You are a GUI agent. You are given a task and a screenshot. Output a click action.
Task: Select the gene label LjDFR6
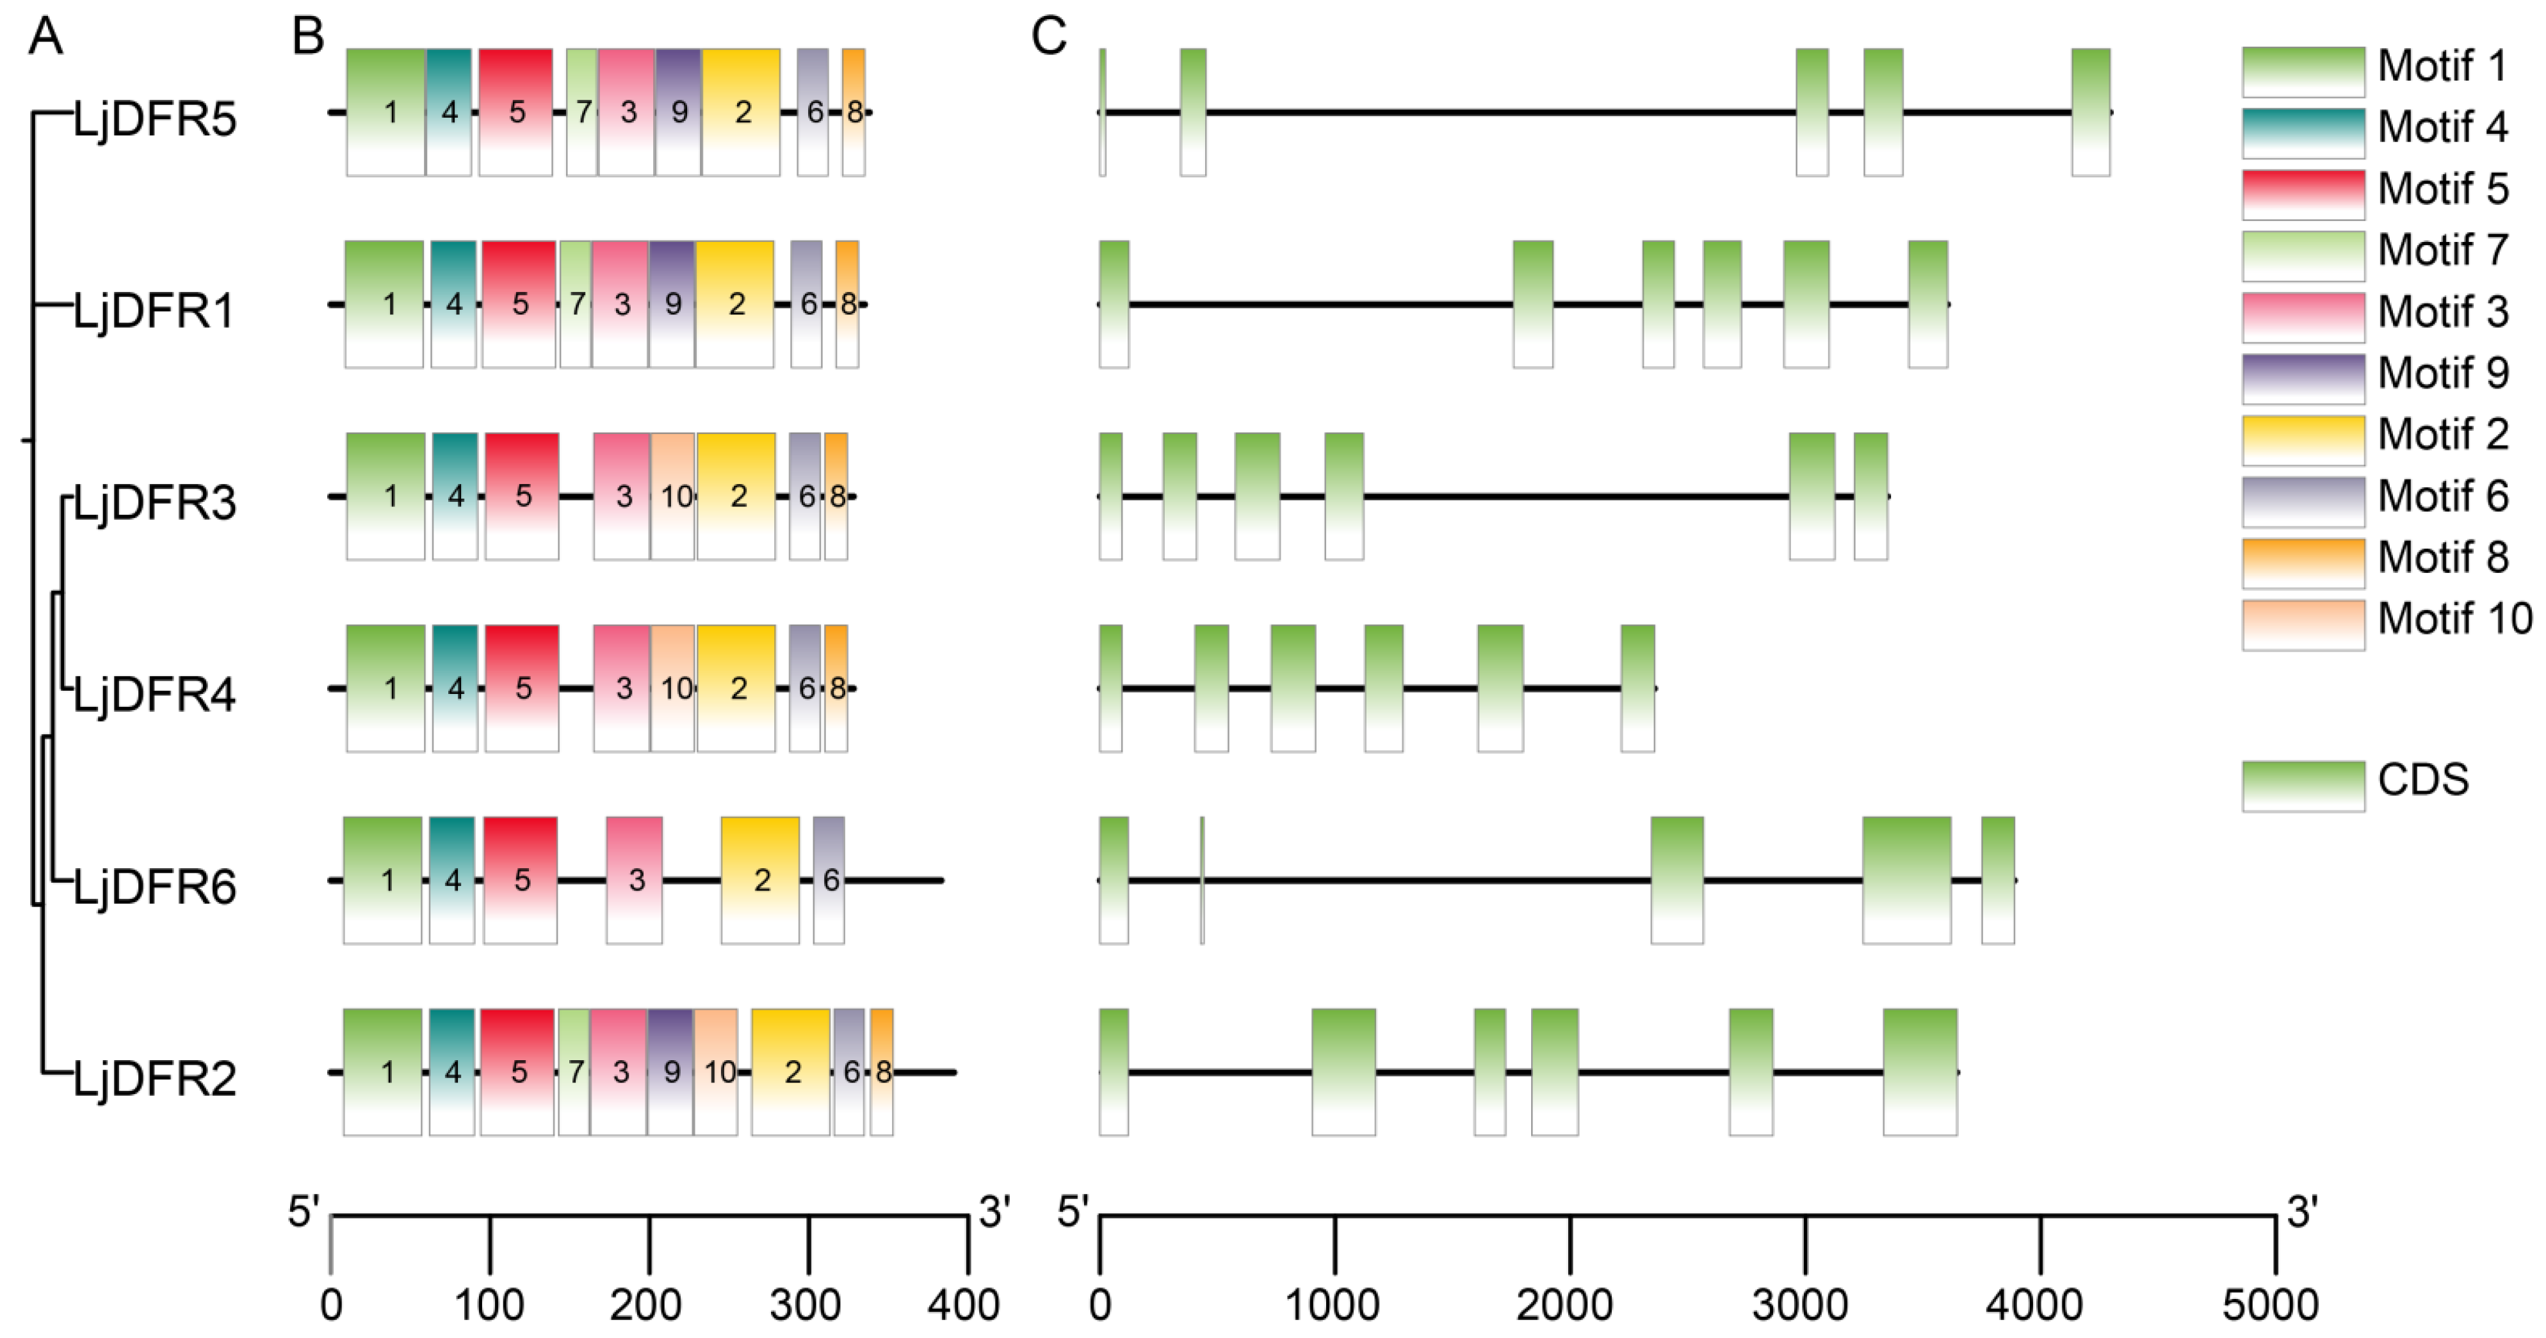point(155,887)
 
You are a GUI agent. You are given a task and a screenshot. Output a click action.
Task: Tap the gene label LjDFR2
point(155,1078)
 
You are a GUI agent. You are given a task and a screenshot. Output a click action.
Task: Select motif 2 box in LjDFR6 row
point(760,880)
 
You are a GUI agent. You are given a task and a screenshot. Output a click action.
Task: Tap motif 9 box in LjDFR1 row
point(672,304)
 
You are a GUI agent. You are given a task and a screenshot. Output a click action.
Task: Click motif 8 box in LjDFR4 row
point(836,689)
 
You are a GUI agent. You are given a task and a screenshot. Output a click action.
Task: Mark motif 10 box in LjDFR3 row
point(673,496)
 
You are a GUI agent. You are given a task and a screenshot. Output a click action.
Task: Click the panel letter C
point(1049,36)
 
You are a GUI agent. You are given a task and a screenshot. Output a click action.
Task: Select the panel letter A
point(45,36)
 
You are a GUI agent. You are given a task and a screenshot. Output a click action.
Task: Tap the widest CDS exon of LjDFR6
point(1906,880)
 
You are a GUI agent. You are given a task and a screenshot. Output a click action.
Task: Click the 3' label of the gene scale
point(2303,1211)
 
